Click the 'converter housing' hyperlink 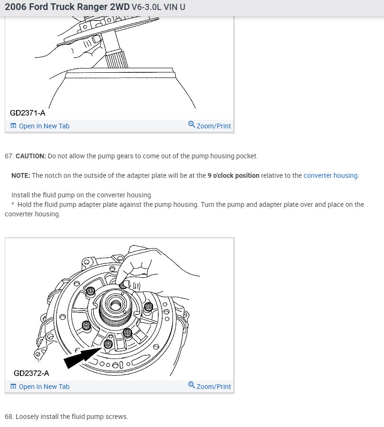coord(330,175)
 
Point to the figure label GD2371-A coord(28,113)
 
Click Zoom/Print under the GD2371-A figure coord(213,126)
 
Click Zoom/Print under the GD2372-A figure coord(213,386)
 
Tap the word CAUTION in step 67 coord(31,156)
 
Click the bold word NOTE coord(20,175)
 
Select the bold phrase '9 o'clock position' coord(233,175)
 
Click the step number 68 coord(9,417)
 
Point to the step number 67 coord(9,156)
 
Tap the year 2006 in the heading coord(16,8)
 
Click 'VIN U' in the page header coord(174,8)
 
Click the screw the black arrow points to coord(109,343)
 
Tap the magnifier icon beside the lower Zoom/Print coord(192,385)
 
